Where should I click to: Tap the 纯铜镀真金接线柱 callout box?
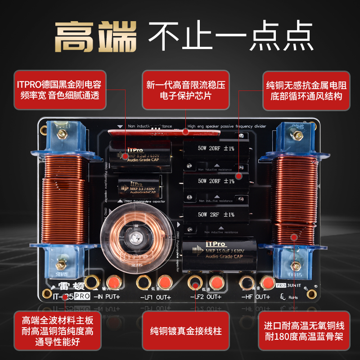pos(186,331)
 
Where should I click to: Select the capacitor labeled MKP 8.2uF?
pos(140,156)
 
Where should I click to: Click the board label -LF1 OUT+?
pos(155,297)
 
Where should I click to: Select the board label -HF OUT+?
pos(256,297)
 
